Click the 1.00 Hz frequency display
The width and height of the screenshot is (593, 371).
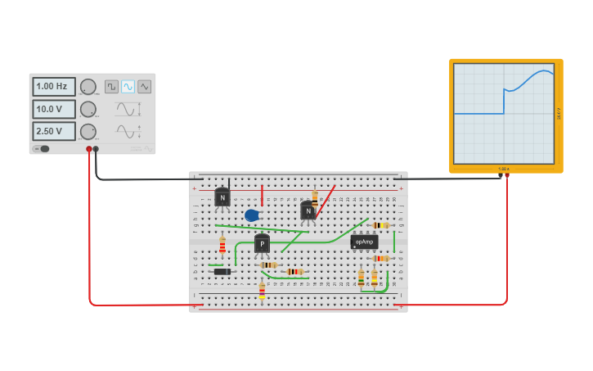point(54,87)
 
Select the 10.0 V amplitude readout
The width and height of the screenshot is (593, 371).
point(54,109)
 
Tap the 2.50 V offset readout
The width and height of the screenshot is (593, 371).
point(54,131)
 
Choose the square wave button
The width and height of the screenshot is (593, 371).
point(111,86)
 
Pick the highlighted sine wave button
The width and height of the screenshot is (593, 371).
point(128,86)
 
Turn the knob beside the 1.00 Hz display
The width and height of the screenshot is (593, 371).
point(88,87)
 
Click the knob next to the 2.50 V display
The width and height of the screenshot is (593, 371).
point(88,131)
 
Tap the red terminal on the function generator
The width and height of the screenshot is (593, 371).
point(89,149)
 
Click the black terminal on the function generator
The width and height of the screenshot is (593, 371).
point(96,149)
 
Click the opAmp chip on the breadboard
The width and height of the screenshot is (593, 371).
point(364,242)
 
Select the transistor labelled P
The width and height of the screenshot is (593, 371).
point(262,244)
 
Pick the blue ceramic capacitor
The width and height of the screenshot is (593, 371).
point(251,215)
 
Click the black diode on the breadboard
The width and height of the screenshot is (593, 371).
point(222,271)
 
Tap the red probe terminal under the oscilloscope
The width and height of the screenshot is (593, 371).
point(507,175)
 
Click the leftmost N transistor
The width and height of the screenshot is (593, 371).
point(222,197)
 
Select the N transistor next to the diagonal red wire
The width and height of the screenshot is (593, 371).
point(308,211)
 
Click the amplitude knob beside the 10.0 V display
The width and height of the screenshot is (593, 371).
point(88,109)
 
